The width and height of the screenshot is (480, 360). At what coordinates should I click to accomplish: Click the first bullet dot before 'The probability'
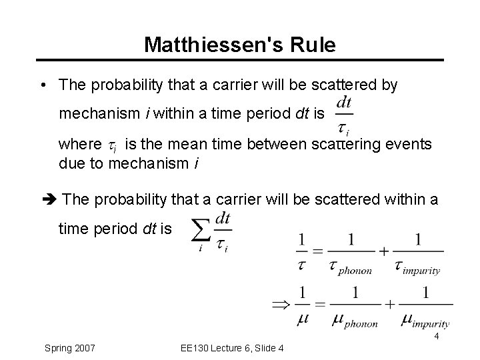tap(42, 86)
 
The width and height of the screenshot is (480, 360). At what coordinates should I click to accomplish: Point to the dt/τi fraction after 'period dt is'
tap(344, 115)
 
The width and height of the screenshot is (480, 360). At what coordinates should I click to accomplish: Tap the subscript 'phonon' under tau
tap(356, 270)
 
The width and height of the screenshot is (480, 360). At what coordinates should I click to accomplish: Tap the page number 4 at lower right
tap(436, 337)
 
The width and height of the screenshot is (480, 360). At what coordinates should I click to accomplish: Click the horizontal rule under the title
tap(240, 60)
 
